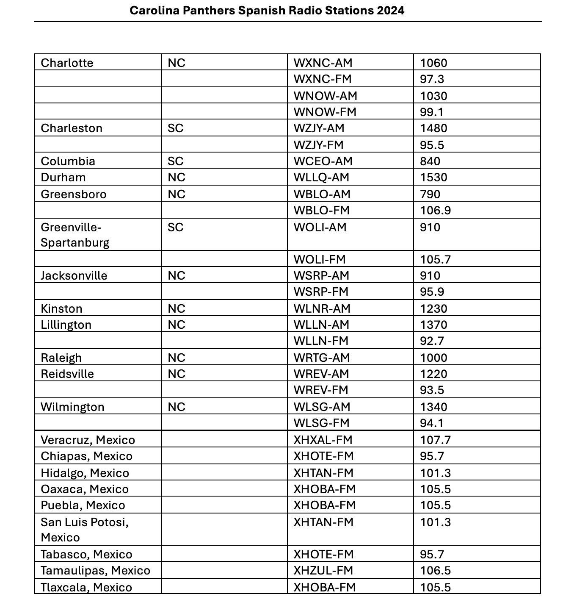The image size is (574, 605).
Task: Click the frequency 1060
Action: point(433,63)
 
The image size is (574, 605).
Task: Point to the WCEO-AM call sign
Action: point(323,161)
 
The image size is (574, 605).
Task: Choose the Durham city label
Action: point(63,178)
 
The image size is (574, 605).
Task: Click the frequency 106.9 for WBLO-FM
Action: point(435,211)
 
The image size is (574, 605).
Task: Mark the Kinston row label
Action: point(61,309)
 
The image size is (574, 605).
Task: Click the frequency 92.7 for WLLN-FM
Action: point(432,341)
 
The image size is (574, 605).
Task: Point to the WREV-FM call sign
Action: point(321,390)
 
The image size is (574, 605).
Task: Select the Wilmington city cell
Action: point(72,407)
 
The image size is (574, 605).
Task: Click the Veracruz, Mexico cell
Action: point(88,440)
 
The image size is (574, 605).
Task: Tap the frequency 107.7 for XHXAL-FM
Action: point(435,440)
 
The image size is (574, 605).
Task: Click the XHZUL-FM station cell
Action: point(323,571)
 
